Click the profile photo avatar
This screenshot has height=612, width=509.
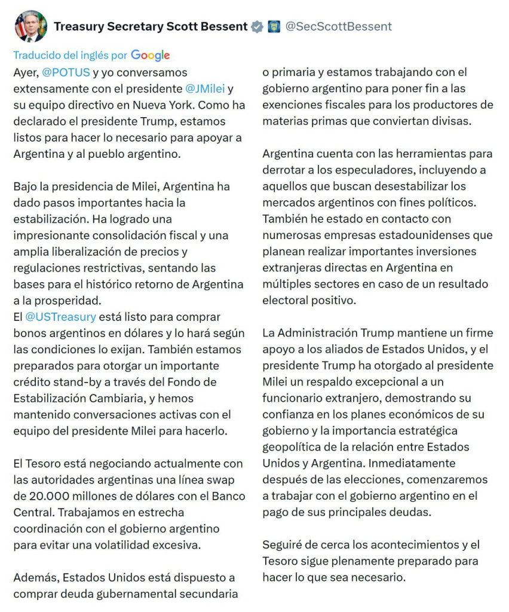click(x=30, y=26)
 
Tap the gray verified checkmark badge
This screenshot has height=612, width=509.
click(x=257, y=27)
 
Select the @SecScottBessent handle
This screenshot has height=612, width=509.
click(x=338, y=26)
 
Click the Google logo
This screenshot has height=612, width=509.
click(x=151, y=56)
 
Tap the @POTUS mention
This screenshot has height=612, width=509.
click(x=66, y=72)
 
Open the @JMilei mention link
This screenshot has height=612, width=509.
click(x=205, y=88)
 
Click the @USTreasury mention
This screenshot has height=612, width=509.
click(x=60, y=317)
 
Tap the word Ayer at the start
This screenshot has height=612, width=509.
click(x=24, y=72)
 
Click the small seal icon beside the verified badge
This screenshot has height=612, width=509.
click(x=274, y=27)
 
